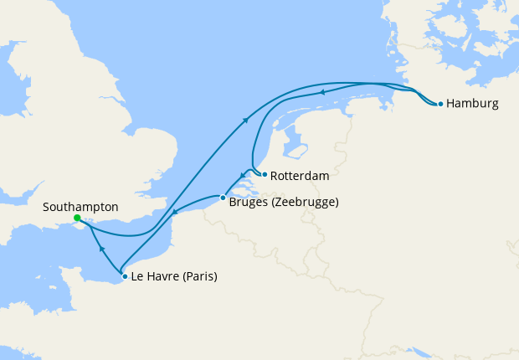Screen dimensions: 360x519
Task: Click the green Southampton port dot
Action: (77, 218)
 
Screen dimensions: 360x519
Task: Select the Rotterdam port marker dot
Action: (265, 175)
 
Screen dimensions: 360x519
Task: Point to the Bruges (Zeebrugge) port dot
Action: (223, 198)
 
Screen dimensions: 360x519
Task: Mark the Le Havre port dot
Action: (125, 276)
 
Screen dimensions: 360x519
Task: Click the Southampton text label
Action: (82, 206)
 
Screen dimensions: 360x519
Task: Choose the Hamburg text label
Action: (472, 105)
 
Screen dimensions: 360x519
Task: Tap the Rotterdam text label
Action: (300, 177)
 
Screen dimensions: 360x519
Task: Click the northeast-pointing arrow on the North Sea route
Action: (247, 121)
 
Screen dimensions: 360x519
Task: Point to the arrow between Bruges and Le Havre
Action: (173, 215)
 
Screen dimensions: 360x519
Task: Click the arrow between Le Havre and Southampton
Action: (101, 249)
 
